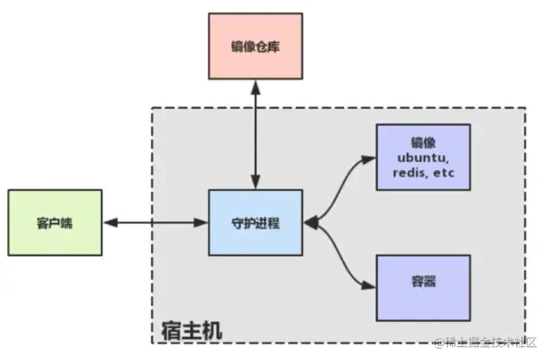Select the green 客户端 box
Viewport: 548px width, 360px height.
tap(55, 223)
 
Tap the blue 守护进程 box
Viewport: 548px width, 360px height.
tap(255, 223)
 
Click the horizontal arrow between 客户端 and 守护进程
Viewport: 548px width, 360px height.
tap(155, 223)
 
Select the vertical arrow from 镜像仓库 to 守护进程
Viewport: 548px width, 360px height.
tap(255, 134)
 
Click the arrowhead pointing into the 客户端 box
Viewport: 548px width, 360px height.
tap(108, 223)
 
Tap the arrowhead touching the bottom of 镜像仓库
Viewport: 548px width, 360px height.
tap(255, 85)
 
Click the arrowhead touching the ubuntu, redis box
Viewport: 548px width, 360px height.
tap(370, 158)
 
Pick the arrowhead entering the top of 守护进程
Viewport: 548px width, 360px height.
tap(255, 185)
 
